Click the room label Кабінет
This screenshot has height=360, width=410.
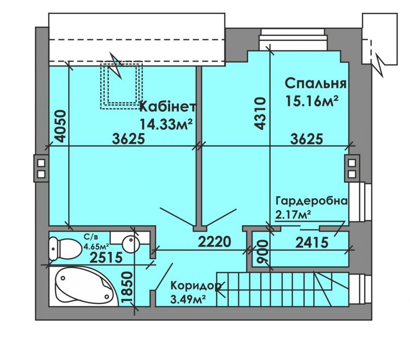pos(168,107)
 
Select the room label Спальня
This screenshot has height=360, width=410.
pos(315,84)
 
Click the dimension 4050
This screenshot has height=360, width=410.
pos(60,126)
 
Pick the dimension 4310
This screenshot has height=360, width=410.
pos(261,114)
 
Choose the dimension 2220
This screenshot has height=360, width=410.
pos(214,242)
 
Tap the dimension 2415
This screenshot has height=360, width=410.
pos(312,242)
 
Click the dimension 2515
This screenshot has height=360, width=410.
pos(106,257)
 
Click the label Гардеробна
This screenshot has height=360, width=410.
pos(312,201)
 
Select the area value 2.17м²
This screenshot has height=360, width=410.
pos(293,214)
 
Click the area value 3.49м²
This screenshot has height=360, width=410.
pos(187,299)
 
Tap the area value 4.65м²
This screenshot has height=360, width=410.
pos(96,246)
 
